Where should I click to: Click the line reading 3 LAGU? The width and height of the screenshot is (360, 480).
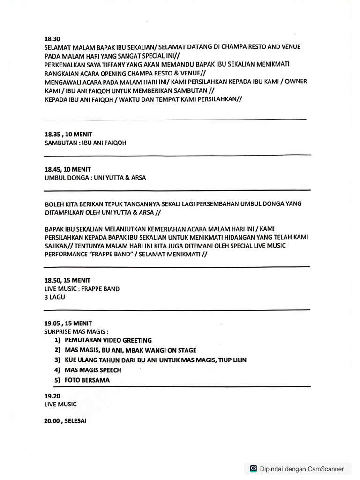(55, 297)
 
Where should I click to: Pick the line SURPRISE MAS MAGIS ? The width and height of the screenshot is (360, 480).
(72, 331)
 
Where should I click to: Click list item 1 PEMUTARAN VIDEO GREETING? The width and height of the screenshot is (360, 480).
(108, 340)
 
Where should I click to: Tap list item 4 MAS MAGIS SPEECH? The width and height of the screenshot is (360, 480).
(93, 370)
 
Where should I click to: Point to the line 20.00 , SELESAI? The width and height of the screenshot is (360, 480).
(65, 421)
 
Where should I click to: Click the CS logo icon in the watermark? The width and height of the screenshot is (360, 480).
(254, 468)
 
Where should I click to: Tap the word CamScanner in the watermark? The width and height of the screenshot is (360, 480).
(326, 468)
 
